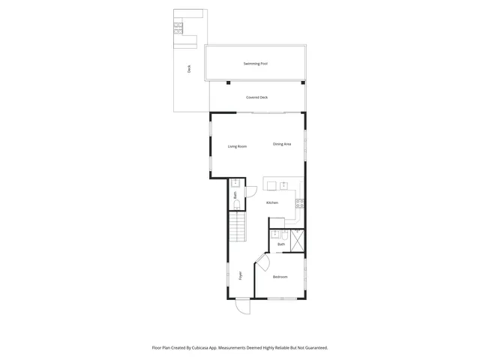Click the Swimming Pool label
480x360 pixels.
point(256,64)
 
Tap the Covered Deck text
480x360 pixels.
point(257,97)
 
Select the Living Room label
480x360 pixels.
point(237,146)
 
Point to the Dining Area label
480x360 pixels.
point(282,144)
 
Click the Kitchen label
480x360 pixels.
point(272,203)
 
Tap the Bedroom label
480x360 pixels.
point(280,277)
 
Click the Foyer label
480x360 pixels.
point(241,275)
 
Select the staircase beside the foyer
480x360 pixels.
point(237,226)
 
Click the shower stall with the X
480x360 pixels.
point(296,240)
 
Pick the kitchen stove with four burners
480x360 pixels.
point(300,202)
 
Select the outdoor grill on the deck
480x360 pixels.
point(178,28)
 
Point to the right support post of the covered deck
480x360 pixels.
point(303,82)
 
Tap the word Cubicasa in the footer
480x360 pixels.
point(199,348)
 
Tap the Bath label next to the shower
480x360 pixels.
point(281,244)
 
